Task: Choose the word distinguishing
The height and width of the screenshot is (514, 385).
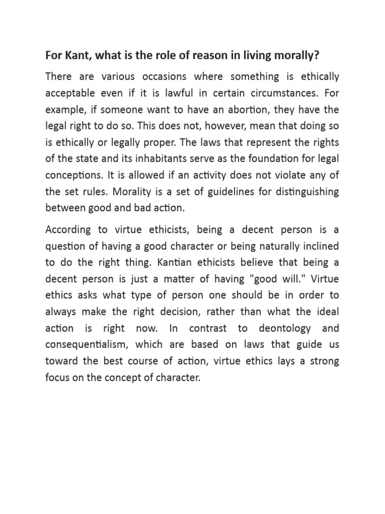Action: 301,191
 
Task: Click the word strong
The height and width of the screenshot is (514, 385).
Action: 324,361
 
